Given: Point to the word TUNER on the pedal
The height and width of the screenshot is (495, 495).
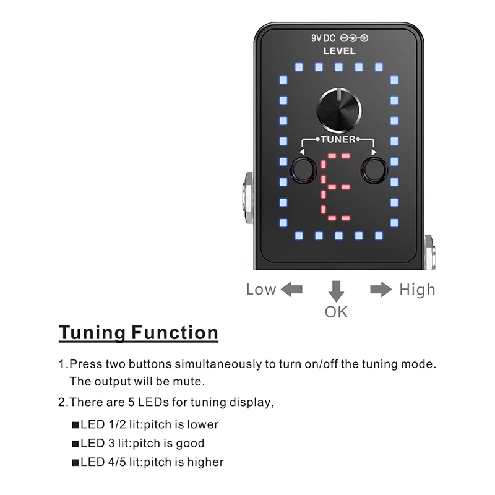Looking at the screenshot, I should (338, 139).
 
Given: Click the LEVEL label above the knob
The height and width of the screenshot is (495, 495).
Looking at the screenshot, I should (339, 52).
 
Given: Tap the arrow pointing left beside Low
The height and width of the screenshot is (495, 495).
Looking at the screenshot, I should (291, 289).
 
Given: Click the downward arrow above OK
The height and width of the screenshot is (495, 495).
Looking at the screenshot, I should (336, 290).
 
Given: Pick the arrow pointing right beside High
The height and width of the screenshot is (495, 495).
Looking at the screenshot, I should (381, 289).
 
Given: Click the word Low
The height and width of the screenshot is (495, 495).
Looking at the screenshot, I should (261, 289).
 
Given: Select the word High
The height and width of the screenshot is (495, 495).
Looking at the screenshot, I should (417, 289).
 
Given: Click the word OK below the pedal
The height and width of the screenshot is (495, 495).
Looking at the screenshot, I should (336, 311).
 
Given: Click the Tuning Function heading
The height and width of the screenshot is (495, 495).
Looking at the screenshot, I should (139, 333).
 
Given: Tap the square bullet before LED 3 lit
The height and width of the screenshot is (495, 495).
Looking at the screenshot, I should (75, 444).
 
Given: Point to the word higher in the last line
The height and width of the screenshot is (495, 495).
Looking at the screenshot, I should (205, 462).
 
